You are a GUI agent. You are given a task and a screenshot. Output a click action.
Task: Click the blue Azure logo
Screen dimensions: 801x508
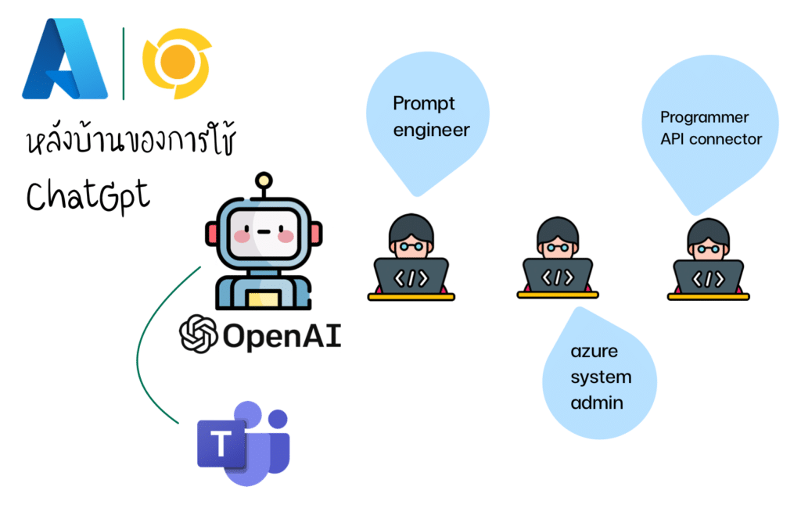point(65,59)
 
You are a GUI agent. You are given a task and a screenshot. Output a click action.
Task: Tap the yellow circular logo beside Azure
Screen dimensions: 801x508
point(177,63)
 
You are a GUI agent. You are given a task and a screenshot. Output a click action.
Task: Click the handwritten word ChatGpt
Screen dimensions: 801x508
point(88,196)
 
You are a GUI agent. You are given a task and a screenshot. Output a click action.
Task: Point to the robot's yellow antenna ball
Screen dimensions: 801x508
point(264,181)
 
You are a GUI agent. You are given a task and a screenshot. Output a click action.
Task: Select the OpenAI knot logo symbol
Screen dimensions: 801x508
point(199,334)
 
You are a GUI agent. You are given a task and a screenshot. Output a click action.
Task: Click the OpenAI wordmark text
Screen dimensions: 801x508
point(282,336)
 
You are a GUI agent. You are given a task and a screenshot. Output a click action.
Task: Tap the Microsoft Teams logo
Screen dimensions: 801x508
point(244,443)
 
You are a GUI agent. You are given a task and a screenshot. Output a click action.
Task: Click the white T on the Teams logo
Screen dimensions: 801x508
point(221,442)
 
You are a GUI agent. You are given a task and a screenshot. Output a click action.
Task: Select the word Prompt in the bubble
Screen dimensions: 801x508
point(423,104)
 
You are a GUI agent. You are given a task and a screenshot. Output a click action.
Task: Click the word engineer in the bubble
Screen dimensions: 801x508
point(431,131)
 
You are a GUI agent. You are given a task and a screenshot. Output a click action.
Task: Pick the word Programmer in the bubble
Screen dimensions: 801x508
point(705,117)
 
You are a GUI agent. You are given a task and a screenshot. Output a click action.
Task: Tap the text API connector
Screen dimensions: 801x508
point(711,139)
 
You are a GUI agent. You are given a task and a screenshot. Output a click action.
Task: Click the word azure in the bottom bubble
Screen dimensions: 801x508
point(594,351)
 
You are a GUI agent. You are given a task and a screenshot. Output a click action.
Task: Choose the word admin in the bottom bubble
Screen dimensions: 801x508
point(597,402)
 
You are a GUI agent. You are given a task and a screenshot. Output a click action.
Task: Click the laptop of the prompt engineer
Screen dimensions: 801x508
point(411,279)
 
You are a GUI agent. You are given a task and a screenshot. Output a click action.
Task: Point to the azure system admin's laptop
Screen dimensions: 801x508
point(557,277)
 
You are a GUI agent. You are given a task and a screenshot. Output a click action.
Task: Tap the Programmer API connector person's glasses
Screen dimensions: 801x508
point(709,249)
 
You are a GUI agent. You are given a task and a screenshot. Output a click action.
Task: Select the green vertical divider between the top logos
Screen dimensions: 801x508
point(124,63)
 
